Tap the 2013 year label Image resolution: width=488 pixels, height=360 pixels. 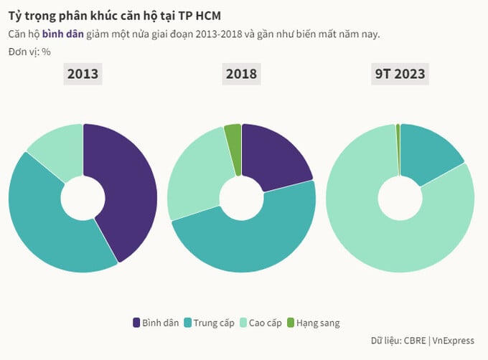[83, 73]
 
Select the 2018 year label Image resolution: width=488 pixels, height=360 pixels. [241, 73]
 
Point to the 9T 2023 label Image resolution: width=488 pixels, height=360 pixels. [400, 73]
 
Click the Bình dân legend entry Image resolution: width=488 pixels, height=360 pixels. [156, 323]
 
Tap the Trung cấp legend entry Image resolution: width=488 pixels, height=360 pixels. [210, 323]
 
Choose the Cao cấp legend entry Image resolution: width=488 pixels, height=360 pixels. [264, 323]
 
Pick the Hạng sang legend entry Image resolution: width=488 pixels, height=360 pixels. [313, 323]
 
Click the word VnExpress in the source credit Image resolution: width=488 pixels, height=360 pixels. [454, 341]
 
